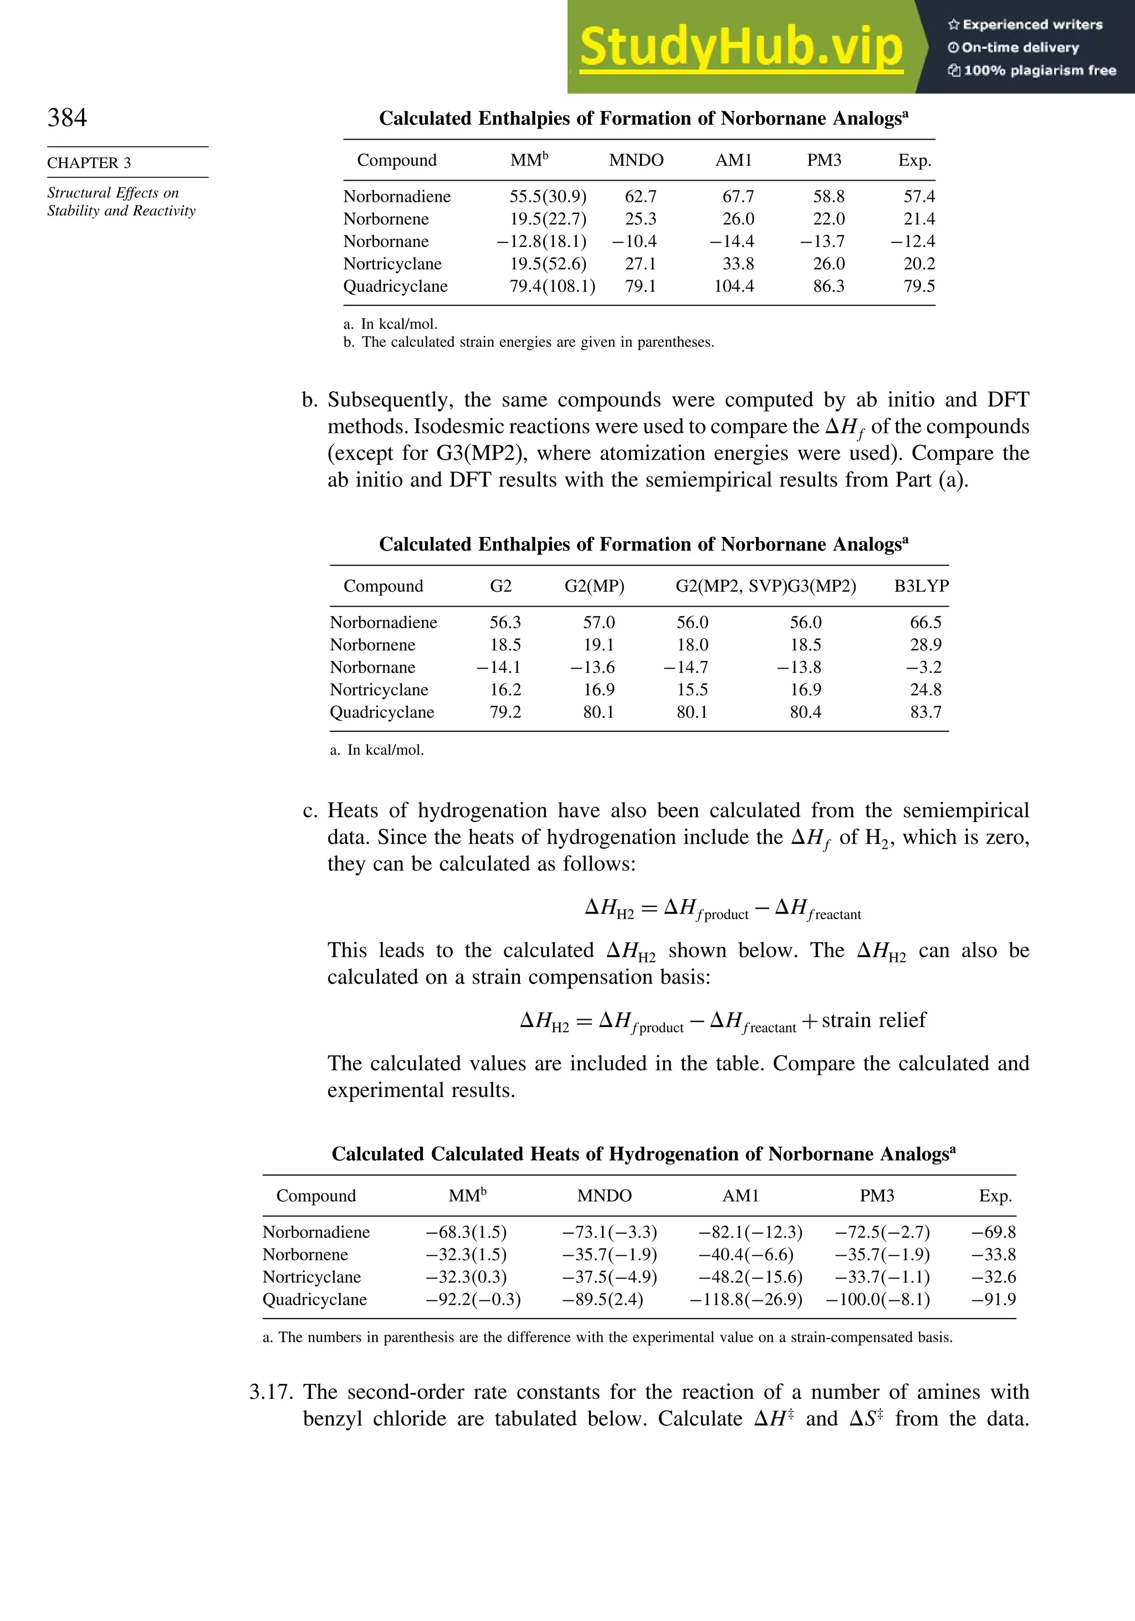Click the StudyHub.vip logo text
tap(741, 47)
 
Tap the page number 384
tap(67, 117)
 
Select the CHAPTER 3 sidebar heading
tap(89, 163)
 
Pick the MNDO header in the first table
tap(636, 160)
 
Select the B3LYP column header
tap(921, 586)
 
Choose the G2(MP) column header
tap(594, 586)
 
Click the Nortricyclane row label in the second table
tap(379, 690)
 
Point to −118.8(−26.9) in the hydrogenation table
tap(746, 1300)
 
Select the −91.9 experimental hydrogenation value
tap(994, 1300)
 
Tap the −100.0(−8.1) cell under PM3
tap(877, 1300)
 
